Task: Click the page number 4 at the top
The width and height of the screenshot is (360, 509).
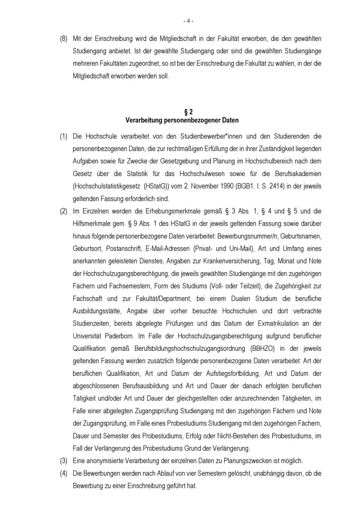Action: [x=188, y=21]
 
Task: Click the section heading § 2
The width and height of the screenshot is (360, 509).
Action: [x=188, y=112]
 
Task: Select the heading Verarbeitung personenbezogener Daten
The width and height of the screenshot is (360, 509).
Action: [x=182, y=120]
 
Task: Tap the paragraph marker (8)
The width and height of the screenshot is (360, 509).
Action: [x=63, y=39]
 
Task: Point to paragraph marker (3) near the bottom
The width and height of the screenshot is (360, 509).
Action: [x=63, y=461]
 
